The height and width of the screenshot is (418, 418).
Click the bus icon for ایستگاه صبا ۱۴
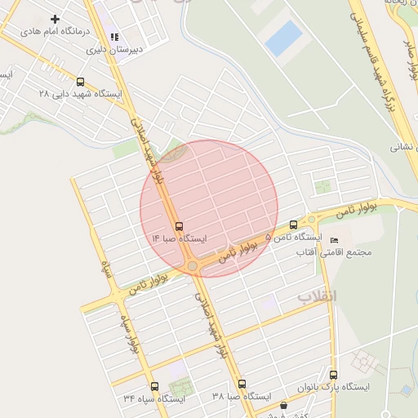[179, 226]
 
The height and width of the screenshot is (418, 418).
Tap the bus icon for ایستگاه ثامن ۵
[293, 225]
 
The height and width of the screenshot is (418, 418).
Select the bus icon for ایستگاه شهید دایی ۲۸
[80, 82]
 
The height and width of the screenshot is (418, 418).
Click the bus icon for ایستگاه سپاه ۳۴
[154, 386]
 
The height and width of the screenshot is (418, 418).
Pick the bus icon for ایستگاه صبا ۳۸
[241, 384]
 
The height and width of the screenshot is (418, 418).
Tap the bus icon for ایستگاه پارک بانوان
[332, 374]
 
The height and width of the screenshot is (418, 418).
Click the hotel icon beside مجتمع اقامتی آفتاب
[335, 238]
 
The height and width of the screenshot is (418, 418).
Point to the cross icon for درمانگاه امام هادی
[56, 19]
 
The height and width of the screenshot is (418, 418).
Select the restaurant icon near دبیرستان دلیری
[114, 37]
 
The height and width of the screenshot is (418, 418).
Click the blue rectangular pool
[283, 38]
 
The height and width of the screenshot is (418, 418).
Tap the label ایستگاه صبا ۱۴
[180, 239]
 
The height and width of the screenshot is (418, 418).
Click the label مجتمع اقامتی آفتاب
[336, 252]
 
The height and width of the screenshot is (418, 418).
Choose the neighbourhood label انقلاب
[316, 296]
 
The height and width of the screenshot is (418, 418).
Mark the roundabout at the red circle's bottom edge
[193, 266]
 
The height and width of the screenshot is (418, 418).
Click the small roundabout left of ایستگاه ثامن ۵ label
[312, 220]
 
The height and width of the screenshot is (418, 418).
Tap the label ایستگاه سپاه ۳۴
[154, 399]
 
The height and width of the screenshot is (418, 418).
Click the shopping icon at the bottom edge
[283, 406]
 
